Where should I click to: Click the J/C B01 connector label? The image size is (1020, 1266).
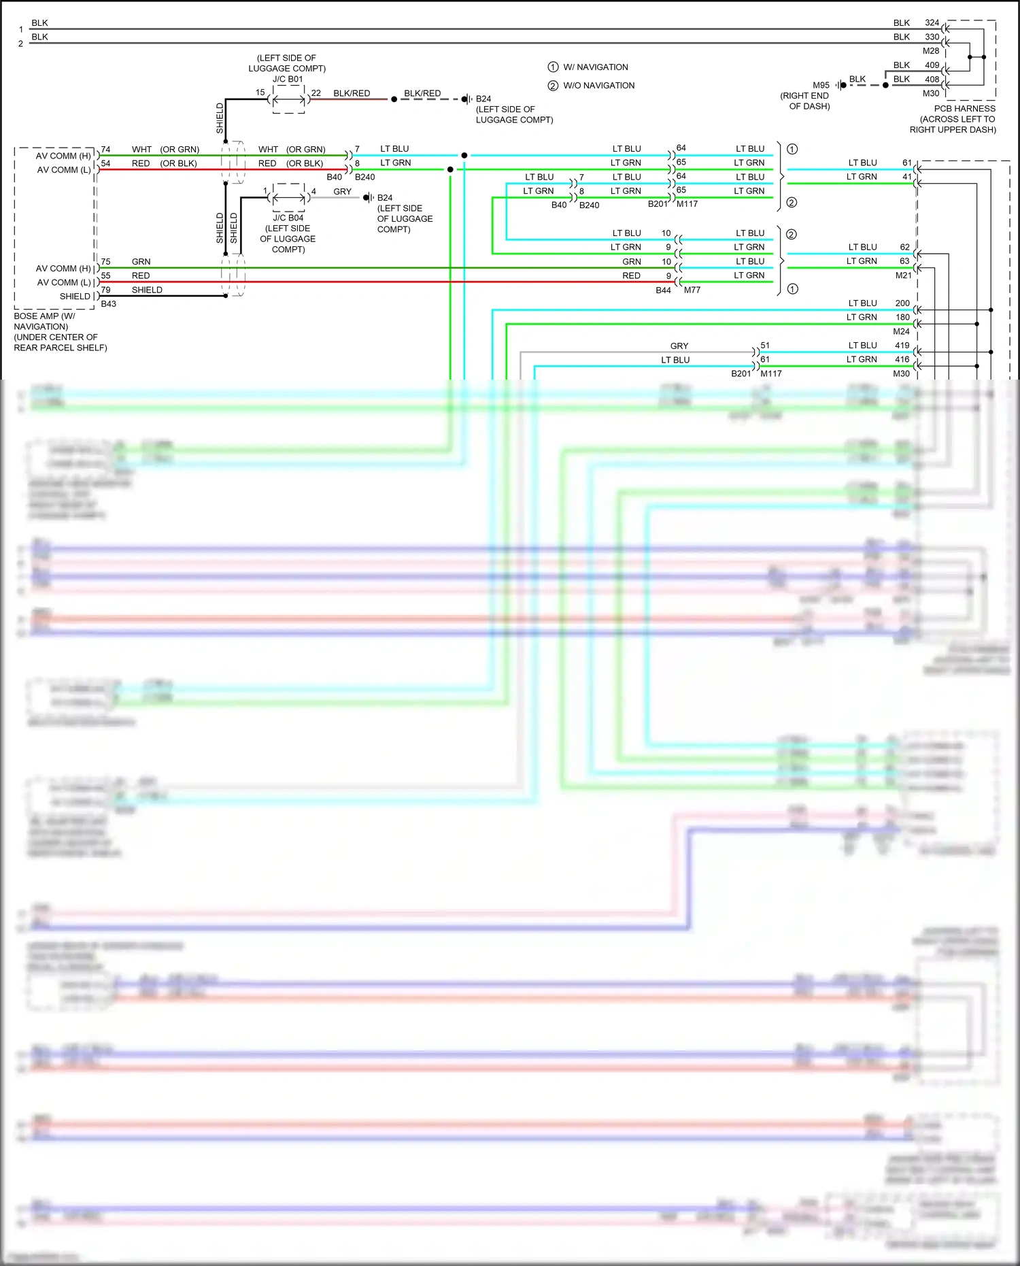point(288,79)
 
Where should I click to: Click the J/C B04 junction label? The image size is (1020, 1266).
point(288,218)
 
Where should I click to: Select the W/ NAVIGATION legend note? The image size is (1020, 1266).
point(595,67)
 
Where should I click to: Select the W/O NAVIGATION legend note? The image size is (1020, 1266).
point(598,86)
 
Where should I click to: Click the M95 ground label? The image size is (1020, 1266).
point(821,85)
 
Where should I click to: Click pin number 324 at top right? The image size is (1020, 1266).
point(932,22)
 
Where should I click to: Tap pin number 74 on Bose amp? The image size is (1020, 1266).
point(105,150)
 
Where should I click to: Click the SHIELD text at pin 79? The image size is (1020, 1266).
point(147,290)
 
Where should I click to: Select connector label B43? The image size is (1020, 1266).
point(108,304)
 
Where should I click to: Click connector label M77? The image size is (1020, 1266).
point(692,290)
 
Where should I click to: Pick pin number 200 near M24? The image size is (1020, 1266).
point(902,303)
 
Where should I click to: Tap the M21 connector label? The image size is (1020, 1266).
point(903,276)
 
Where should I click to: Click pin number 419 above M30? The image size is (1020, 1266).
point(902,346)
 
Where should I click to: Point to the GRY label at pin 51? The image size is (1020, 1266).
point(679,346)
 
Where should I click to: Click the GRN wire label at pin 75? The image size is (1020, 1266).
point(141,262)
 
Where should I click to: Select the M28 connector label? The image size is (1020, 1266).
point(930,51)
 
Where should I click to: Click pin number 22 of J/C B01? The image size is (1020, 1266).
point(316,93)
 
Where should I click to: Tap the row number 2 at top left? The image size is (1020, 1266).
point(20,44)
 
